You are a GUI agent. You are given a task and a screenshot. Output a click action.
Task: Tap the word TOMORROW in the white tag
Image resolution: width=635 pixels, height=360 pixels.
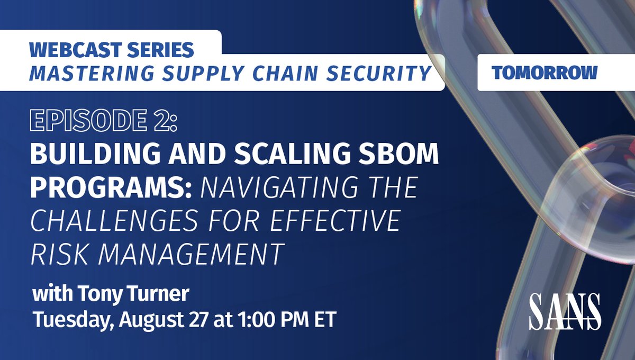pyautogui.click(x=545, y=73)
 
